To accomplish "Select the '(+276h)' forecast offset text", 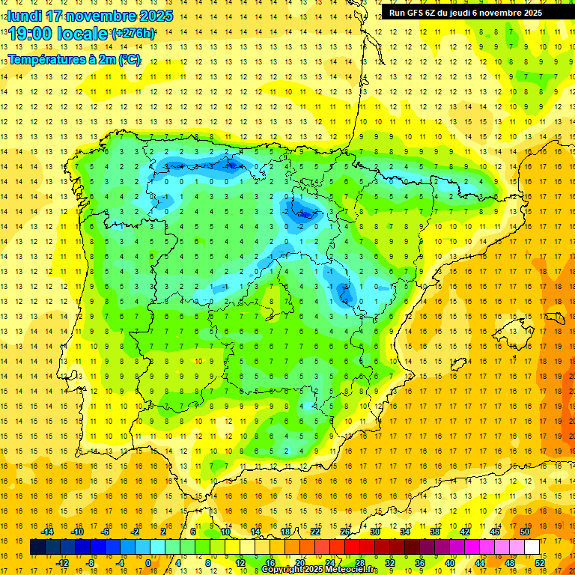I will point(133,34).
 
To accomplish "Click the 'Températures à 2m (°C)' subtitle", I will point(74,60).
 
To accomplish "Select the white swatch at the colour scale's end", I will point(532,547).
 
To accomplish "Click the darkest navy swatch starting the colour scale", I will point(37,547).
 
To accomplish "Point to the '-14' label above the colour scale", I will point(48,532).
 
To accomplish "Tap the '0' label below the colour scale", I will point(148,563).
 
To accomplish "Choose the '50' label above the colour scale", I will point(525,532).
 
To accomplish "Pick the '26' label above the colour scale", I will point(345,532).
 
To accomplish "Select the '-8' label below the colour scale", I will point(91,563).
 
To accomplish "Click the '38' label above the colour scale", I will point(435,532).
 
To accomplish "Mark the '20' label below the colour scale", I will point(299,563).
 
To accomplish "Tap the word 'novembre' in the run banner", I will point(510,13).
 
